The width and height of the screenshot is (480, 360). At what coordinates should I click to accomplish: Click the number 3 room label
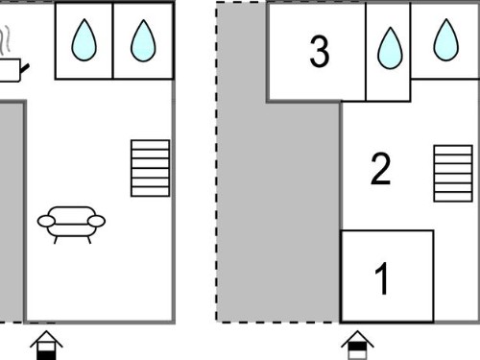coord(320,51)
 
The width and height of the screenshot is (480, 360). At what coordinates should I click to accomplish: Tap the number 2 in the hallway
coord(380,168)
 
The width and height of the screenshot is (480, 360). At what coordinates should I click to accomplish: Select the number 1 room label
coord(382,278)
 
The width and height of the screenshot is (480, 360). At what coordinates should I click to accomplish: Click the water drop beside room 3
coord(390,48)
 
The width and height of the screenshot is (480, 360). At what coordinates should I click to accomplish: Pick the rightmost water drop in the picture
coord(446,40)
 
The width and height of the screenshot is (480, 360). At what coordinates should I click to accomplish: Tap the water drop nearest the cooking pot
coord(84,40)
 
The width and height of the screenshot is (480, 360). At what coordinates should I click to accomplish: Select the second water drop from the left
coord(143,40)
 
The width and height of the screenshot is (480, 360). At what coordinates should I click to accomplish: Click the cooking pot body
coord(10,70)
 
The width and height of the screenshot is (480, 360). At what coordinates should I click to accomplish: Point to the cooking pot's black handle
coord(25,67)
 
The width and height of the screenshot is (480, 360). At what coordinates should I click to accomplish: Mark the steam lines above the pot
coord(5,40)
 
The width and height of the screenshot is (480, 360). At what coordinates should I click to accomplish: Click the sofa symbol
coord(71,225)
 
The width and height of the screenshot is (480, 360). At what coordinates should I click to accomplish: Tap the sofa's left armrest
coord(46,221)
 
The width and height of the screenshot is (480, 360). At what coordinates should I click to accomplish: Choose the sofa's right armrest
coord(96,221)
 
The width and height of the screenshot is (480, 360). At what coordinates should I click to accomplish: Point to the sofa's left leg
coord(56,240)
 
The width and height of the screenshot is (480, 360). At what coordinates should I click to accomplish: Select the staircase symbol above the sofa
coord(150,168)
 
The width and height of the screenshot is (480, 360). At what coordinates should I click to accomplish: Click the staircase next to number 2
coord(453,174)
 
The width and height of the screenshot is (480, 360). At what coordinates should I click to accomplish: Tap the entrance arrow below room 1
coord(357,346)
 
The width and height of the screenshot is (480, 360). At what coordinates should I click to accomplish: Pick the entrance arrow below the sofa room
coord(46,346)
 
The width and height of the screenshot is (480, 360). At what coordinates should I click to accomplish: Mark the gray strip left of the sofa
coord(12,212)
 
